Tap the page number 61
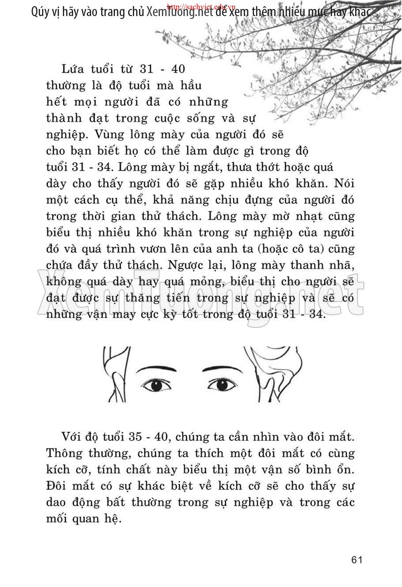coord(357,560)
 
